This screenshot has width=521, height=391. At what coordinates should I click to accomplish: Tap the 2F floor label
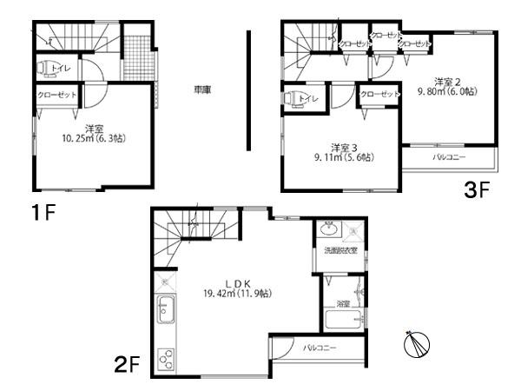128,361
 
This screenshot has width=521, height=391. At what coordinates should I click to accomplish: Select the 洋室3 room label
343,147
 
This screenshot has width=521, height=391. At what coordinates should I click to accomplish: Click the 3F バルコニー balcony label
450,159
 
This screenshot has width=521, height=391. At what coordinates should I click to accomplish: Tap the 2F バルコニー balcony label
320,348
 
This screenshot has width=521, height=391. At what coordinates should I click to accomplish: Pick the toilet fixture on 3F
290,98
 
